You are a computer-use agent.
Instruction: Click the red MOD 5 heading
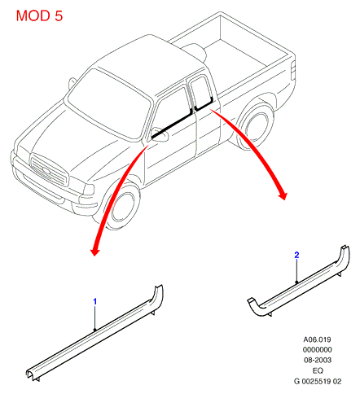click(x=39, y=15)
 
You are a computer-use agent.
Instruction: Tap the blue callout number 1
click(x=95, y=301)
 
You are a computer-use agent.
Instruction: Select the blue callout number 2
click(x=296, y=255)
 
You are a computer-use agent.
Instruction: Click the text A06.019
click(x=317, y=339)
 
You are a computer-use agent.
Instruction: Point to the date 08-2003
click(x=318, y=360)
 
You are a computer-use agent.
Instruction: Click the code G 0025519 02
click(x=318, y=381)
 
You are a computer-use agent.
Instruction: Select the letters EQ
click(x=318, y=370)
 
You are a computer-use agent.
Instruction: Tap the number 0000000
click(x=317, y=349)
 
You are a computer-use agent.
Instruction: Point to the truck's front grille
click(x=50, y=170)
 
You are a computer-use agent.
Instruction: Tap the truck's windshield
click(x=109, y=103)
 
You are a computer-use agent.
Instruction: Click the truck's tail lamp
click(x=293, y=71)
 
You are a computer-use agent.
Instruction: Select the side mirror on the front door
click(x=160, y=134)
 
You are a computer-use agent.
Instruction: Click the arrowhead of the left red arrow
click(x=94, y=251)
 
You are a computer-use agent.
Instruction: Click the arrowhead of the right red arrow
click(x=283, y=195)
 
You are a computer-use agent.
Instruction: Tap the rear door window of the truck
click(x=201, y=92)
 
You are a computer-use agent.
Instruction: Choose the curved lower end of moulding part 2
click(x=256, y=308)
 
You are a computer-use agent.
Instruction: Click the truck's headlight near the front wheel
click(x=89, y=190)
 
